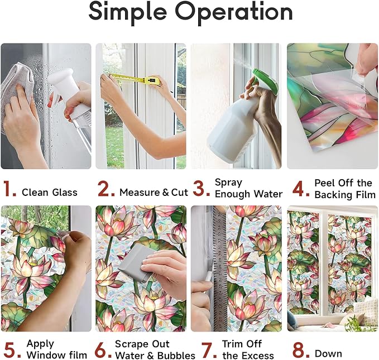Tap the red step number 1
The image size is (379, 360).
[9, 190]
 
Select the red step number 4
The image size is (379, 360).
[301, 189]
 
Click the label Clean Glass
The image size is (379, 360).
[50, 193]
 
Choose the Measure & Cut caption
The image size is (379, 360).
[153, 193]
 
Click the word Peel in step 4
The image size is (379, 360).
[325, 183]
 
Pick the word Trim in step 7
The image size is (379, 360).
[233, 344]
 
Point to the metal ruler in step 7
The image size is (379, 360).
[215, 268]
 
